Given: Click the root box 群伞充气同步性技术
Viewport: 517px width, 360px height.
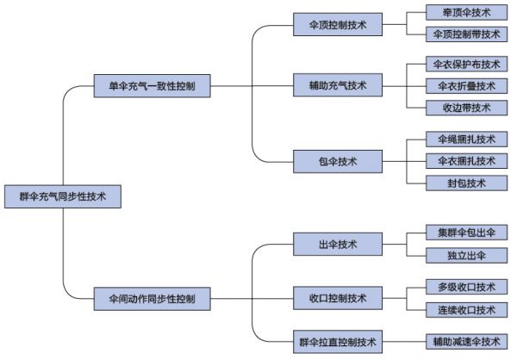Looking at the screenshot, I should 63,196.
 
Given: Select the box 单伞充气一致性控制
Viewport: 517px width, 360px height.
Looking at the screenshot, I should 151,86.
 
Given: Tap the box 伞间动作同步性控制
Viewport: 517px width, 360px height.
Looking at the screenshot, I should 151,300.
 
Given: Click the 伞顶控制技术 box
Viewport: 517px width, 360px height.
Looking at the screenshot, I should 338,25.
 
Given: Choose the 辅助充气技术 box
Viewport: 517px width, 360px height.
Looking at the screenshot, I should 338,85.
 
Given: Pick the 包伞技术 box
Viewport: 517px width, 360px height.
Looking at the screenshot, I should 338,160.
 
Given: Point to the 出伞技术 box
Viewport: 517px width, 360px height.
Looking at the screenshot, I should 338,245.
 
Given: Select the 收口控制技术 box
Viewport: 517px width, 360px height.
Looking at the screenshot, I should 338,299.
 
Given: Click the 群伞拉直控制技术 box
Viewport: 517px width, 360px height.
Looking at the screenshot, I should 338,342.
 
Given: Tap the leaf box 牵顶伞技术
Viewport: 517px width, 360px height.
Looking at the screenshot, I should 466,13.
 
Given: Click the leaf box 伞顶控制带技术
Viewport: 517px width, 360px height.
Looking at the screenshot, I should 466,34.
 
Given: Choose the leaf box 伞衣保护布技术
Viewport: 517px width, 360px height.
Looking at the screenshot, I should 466,65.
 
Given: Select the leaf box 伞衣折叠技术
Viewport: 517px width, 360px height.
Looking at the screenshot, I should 466,86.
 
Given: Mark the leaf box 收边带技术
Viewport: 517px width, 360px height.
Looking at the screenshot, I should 466,108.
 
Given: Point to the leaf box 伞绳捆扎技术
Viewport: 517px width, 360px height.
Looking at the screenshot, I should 466,140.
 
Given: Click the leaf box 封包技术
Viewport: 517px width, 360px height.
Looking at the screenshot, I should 466,183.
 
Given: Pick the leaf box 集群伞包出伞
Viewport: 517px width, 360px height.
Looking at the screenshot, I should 466,233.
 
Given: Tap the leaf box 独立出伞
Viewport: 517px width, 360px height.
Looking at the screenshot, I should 466,255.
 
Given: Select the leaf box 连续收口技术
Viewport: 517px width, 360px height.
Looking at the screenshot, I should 466,309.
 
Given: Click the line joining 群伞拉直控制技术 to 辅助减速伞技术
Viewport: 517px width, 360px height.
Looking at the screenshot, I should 404,342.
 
